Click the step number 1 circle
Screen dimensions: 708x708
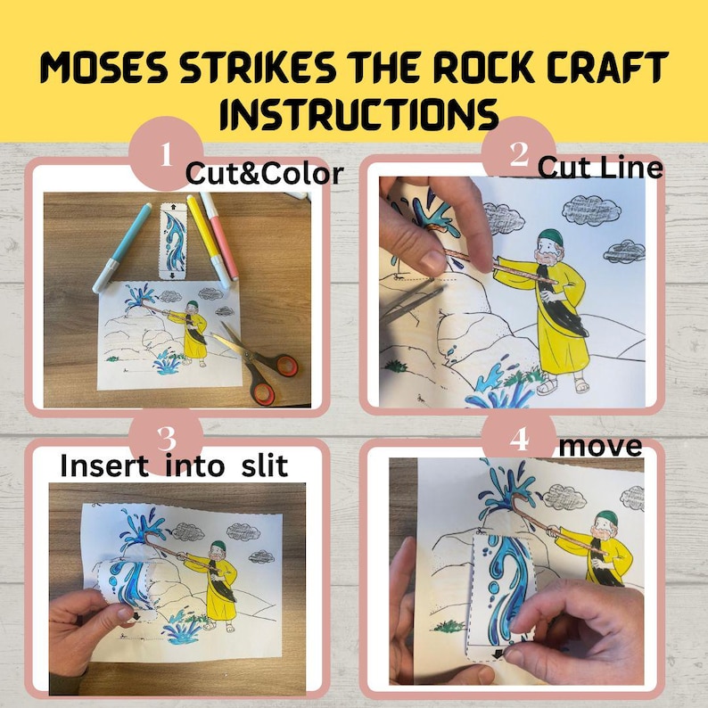(165, 154)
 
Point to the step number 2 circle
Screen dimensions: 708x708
(518, 154)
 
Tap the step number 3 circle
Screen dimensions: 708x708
(165, 438)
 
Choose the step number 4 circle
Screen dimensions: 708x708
(518, 438)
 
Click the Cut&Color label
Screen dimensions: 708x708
(264, 174)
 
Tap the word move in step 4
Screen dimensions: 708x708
(600, 445)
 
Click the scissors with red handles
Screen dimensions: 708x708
(264, 366)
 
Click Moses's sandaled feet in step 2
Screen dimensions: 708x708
(562, 384)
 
